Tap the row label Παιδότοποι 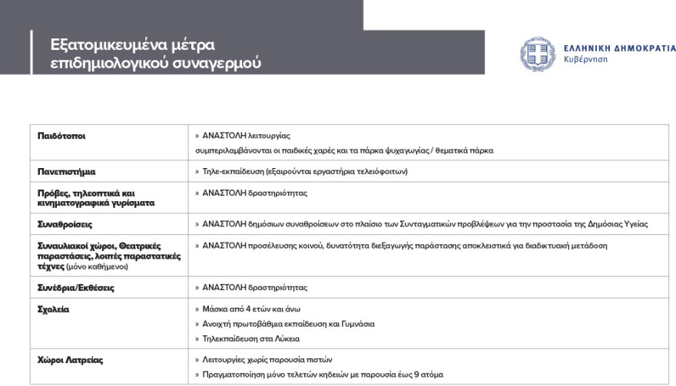click(x=61, y=136)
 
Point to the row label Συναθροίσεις click(x=65, y=225)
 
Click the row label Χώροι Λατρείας click(x=71, y=360)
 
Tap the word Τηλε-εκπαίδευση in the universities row click(x=230, y=171)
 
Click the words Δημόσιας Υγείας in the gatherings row click(x=620, y=225)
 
